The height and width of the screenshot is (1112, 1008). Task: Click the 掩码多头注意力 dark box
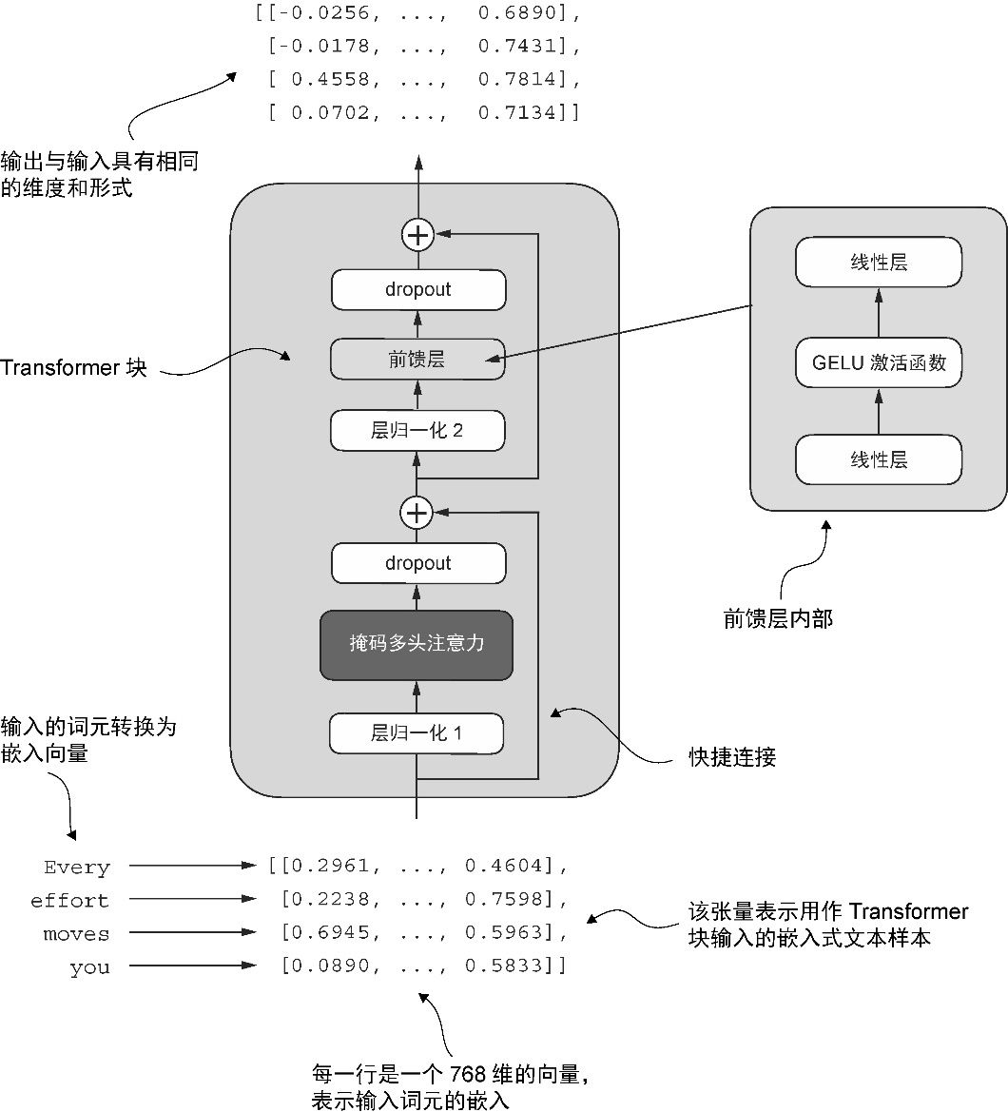coord(417,644)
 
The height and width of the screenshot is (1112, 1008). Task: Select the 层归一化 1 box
coord(417,733)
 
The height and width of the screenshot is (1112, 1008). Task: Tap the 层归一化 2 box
coord(417,431)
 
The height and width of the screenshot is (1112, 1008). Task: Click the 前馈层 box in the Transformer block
coord(417,360)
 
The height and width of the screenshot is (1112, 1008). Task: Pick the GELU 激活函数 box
coord(879,362)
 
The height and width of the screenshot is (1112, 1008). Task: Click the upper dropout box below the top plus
coord(417,289)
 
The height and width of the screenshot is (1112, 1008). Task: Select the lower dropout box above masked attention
coord(417,563)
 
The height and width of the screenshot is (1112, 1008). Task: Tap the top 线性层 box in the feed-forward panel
coord(879,263)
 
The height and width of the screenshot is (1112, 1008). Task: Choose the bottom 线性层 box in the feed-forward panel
coord(879,459)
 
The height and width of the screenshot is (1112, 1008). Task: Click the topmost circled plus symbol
coord(417,234)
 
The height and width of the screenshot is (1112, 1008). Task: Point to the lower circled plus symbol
coord(417,514)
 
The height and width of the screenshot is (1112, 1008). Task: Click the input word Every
coord(77,868)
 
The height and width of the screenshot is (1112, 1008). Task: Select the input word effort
coord(69,901)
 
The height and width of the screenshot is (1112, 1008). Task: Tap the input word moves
coord(76,934)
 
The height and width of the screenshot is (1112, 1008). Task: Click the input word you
coord(89,968)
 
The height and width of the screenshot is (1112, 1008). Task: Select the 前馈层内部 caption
coord(778,619)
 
